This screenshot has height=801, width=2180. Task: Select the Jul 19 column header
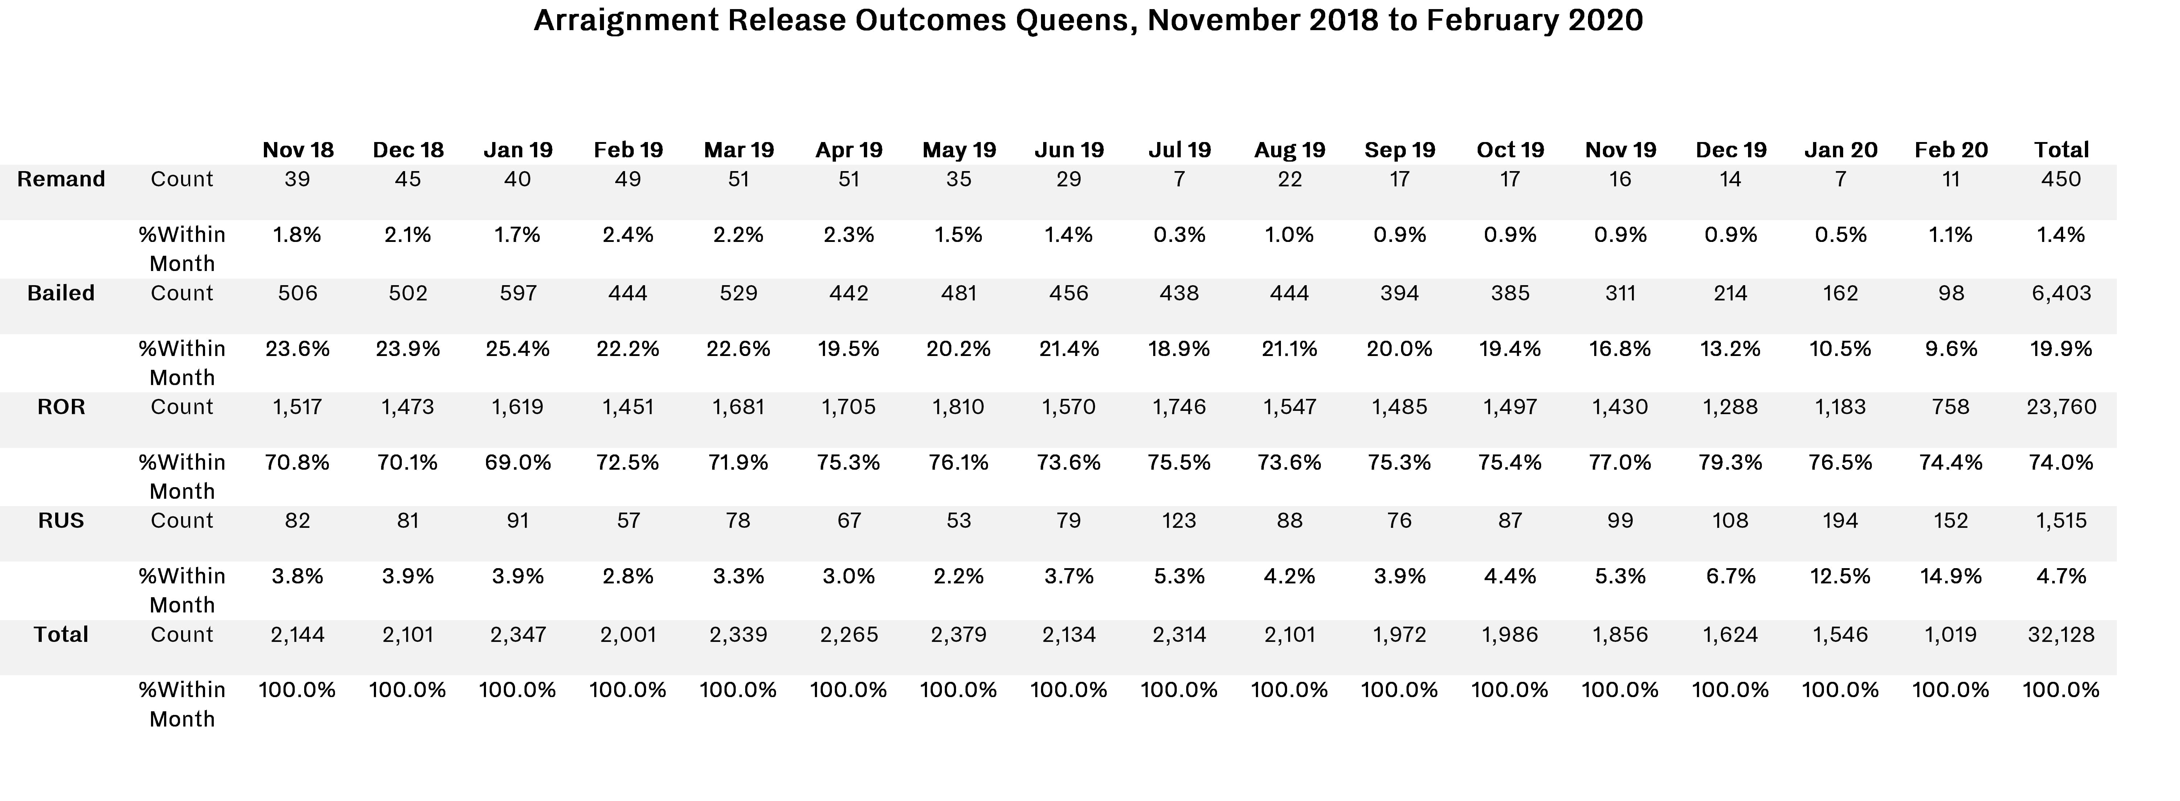[x=1179, y=150]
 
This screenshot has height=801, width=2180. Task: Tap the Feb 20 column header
[x=1951, y=150]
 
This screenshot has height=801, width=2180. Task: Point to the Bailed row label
[x=61, y=293]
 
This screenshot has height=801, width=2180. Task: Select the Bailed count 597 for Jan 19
[x=518, y=293]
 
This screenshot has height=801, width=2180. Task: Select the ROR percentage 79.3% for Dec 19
[x=1731, y=462]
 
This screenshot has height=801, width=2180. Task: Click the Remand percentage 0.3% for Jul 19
[x=1179, y=235]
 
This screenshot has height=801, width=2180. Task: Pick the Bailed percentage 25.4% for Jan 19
[x=518, y=349]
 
